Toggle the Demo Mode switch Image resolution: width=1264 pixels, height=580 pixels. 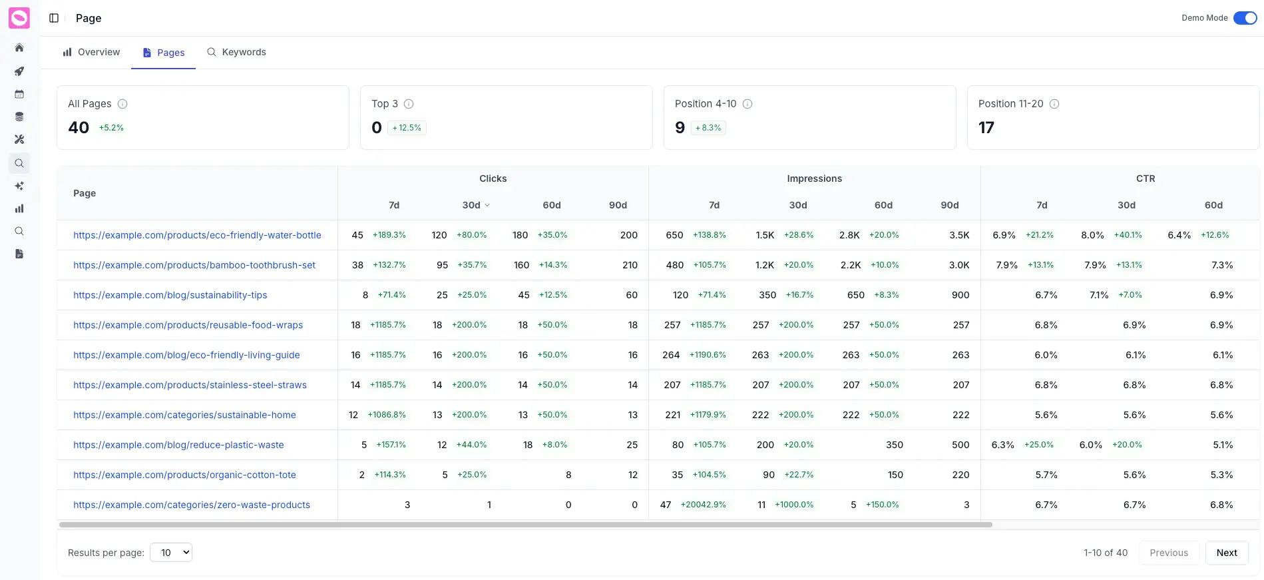pos(1245,18)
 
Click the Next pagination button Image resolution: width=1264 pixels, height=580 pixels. pos(1226,553)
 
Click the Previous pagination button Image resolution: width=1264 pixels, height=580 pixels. pos(1168,553)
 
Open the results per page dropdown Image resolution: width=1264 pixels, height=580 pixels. pos(171,552)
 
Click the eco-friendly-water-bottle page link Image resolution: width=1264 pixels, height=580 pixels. pos(197,235)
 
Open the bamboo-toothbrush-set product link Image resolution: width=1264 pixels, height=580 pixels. pos(194,265)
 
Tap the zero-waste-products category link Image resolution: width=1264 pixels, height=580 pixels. pos(192,505)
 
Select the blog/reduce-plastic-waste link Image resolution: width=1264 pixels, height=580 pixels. pos(178,445)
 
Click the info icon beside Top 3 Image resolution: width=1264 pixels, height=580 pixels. pos(409,104)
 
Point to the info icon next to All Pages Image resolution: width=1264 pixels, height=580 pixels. pos(122,104)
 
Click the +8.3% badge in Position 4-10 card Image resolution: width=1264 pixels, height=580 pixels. pos(708,128)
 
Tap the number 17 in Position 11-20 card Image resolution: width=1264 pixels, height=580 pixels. pos(986,128)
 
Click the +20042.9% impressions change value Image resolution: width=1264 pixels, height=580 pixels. pos(703,505)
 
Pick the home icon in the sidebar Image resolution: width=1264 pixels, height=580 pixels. pos(19,48)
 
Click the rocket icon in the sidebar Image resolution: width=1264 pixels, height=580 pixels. pos(19,71)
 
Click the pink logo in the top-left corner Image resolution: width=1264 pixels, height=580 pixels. pos(19,18)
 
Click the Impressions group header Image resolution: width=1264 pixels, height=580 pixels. pos(814,178)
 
